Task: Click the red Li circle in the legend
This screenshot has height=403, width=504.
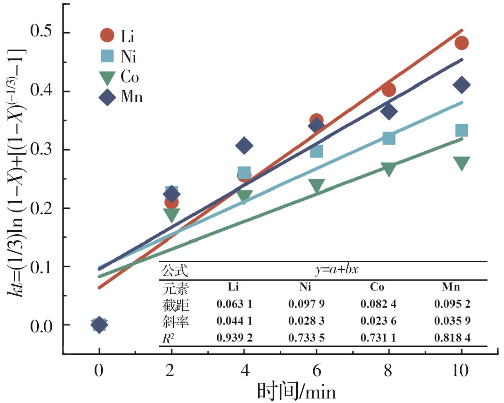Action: tap(107, 36)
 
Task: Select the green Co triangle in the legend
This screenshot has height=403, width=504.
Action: tap(107, 77)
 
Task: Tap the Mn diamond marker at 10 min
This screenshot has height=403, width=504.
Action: tap(461, 85)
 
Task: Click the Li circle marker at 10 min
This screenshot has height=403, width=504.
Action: tap(461, 43)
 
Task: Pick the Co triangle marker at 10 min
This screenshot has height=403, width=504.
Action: tap(461, 163)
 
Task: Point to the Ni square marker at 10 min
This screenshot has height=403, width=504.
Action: tap(461, 131)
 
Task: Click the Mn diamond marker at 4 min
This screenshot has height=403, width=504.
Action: tap(244, 145)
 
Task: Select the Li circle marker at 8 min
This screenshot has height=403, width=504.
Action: tap(389, 90)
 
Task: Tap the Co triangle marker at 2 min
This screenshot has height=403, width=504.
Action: tap(171, 215)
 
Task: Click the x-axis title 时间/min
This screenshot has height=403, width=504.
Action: tap(297, 391)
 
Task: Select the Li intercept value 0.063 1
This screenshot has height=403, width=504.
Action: tap(234, 304)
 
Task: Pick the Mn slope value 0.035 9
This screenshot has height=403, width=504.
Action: tap(453, 321)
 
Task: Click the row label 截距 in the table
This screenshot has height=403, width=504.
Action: tap(176, 305)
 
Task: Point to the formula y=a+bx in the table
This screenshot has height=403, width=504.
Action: tap(337, 271)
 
